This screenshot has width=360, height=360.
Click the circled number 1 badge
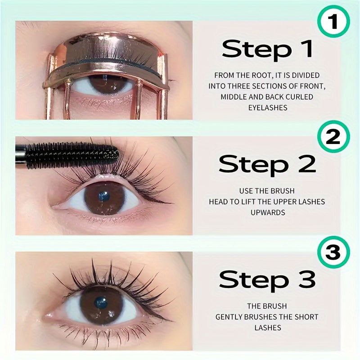pyautogui.click(x=333, y=21)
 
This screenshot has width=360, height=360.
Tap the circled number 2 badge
pyautogui.click(x=333, y=137)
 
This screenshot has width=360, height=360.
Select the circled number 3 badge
pyautogui.click(x=333, y=252)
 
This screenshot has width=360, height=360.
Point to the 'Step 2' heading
pyautogui.click(x=267, y=165)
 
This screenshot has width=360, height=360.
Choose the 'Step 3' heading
pyautogui.click(x=267, y=280)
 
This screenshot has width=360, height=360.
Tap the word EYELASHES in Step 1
pyautogui.click(x=268, y=108)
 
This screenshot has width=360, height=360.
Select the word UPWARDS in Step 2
pyautogui.click(x=268, y=212)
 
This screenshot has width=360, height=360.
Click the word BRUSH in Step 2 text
pyautogui.click(x=283, y=191)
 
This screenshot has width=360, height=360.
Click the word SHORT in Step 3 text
pyautogui.click(x=306, y=317)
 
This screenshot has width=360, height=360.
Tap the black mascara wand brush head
pyautogui.click(x=72, y=155)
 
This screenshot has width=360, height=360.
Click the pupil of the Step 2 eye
pyautogui.click(x=104, y=197)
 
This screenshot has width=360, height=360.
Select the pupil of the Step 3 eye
pyautogui.click(x=101, y=302)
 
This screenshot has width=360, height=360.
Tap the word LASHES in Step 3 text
pyautogui.click(x=268, y=328)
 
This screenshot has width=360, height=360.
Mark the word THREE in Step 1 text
pyautogui.click(x=239, y=86)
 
